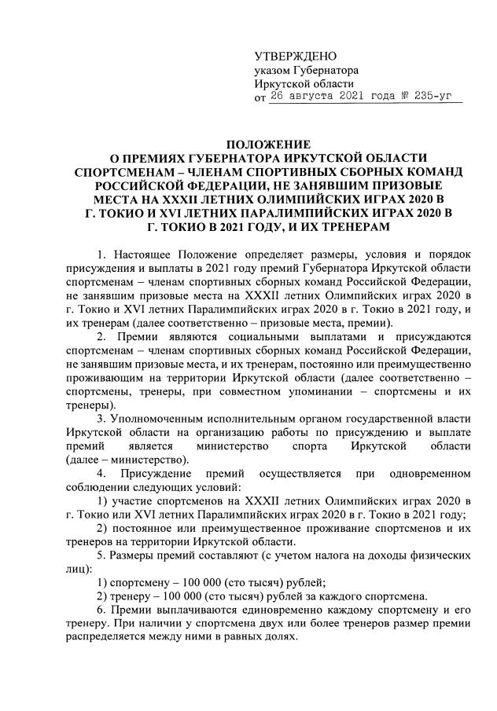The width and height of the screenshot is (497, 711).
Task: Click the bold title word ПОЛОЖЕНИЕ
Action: (269, 144)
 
